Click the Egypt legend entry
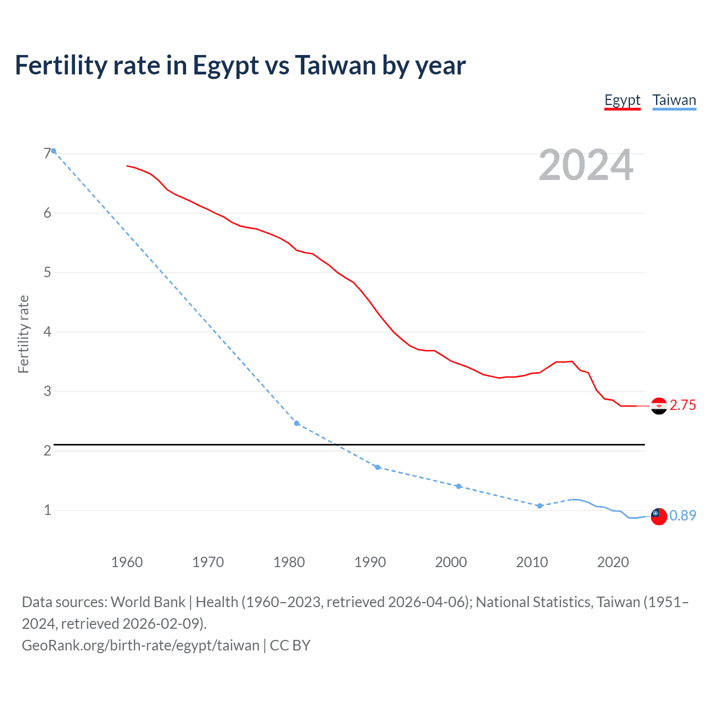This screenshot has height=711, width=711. pyautogui.click(x=622, y=101)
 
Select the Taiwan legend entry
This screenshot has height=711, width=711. pyautogui.click(x=674, y=101)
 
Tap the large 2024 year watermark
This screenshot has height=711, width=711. pyautogui.click(x=585, y=165)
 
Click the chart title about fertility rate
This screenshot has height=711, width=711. pyautogui.click(x=240, y=66)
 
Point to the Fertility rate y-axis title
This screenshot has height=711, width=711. pyautogui.click(x=23, y=334)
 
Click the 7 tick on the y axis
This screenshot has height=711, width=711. pyautogui.click(x=47, y=153)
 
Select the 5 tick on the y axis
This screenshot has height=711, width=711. pyautogui.click(x=47, y=272)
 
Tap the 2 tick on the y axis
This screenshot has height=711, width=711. pyautogui.click(x=47, y=450)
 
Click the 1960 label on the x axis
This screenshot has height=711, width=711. pyautogui.click(x=127, y=562)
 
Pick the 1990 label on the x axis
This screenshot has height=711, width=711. pyautogui.click(x=370, y=562)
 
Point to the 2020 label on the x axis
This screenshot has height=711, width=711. pyautogui.click(x=613, y=562)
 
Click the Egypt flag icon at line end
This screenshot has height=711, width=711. pyautogui.click(x=658, y=406)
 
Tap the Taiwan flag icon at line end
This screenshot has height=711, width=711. pyautogui.click(x=658, y=516)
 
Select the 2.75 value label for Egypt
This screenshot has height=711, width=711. pyautogui.click(x=683, y=405)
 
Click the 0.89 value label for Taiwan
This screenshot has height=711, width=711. pyautogui.click(x=683, y=516)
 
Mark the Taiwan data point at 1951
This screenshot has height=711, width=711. pyautogui.click(x=54, y=151)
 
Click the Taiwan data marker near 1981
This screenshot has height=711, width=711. pyautogui.click(x=297, y=423)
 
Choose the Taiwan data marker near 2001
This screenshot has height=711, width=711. pyautogui.click(x=458, y=486)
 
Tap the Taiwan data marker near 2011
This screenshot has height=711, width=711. pyautogui.click(x=539, y=506)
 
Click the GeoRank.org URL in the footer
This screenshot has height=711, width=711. pyautogui.click(x=141, y=645)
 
